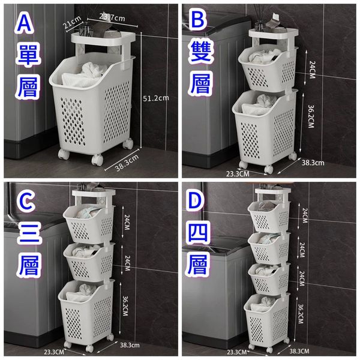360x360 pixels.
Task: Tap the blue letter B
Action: [197, 20]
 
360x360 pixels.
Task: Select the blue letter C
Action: [26, 203]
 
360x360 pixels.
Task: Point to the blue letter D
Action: [196, 201]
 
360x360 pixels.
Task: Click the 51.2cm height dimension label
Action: [156, 98]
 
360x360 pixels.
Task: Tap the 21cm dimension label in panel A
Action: [73, 22]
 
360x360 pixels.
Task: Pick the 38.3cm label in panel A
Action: [127, 163]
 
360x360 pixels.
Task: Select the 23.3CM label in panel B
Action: [238, 174]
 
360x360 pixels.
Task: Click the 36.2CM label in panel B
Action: [311, 116]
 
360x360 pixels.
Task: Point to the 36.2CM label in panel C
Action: [125, 306]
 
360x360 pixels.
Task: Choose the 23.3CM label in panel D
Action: [237, 352]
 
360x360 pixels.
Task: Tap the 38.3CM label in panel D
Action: [299, 351]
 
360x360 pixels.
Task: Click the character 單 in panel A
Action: [28, 55]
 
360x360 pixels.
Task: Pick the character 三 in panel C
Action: [29, 234]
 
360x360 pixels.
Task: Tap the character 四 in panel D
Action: [197, 233]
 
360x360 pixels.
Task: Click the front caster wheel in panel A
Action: [97, 160]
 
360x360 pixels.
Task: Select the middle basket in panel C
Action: [89, 262]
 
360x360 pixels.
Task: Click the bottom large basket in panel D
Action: [267, 320]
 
